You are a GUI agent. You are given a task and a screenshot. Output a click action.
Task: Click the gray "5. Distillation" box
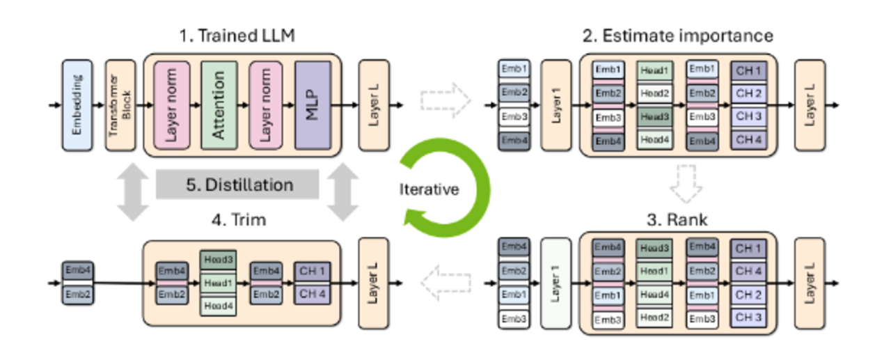[x=237, y=185]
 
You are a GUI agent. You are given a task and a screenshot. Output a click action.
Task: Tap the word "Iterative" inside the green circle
[x=429, y=189]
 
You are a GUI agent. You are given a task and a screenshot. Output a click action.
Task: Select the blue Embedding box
[x=77, y=105]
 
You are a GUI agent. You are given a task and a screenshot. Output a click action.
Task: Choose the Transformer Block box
[x=119, y=105]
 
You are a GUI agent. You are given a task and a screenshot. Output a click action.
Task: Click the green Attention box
[x=219, y=105]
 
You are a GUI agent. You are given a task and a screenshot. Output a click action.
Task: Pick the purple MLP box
[x=312, y=105]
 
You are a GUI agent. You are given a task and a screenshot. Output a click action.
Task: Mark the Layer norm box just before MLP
[x=265, y=105]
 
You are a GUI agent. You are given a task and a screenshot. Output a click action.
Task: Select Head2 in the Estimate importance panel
[x=654, y=93]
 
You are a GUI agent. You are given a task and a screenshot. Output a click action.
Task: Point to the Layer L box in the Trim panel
[x=374, y=282]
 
